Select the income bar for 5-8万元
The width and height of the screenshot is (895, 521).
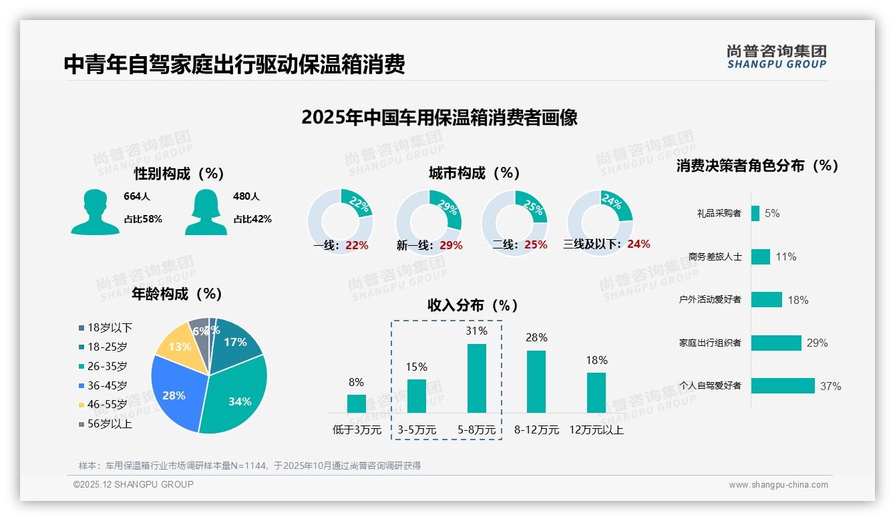(x=477, y=378)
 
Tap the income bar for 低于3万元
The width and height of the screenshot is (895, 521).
(x=357, y=403)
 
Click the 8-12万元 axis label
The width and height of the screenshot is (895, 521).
(x=536, y=430)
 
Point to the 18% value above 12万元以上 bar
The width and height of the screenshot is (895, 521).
(x=596, y=361)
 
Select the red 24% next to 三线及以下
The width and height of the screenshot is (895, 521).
(x=639, y=244)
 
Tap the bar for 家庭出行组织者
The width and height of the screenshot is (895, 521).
(x=776, y=343)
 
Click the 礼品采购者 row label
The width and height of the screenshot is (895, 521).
(x=719, y=213)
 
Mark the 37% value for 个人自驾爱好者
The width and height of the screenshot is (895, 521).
(x=831, y=386)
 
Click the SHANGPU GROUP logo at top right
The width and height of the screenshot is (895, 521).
(x=777, y=57)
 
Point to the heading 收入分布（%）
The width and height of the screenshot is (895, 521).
(x=473, y=305)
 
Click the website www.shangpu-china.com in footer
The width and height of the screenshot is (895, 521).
(x=778, y=485)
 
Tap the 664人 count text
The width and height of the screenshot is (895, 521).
(x=137, y=196)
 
